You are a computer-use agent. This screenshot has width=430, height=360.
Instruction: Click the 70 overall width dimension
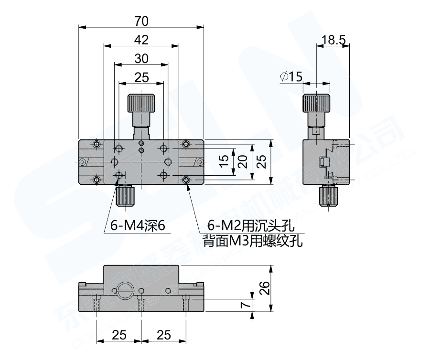click(141, 21)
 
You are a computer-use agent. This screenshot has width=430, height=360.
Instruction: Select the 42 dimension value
click(141, 40)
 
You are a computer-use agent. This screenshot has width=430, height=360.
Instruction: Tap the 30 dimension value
click(141, 58)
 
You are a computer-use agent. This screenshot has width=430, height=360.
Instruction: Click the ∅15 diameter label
click(292, 76)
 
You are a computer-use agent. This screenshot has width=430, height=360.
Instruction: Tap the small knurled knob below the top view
click(125, 196)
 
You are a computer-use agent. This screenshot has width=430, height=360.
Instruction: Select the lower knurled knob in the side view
click(329, 196)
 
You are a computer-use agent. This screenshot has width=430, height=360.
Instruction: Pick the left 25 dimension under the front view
click(119, 335)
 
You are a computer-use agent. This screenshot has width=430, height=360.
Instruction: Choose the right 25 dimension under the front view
click(163, 335)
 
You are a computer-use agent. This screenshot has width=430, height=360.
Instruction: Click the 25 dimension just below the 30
click(141, 77)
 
